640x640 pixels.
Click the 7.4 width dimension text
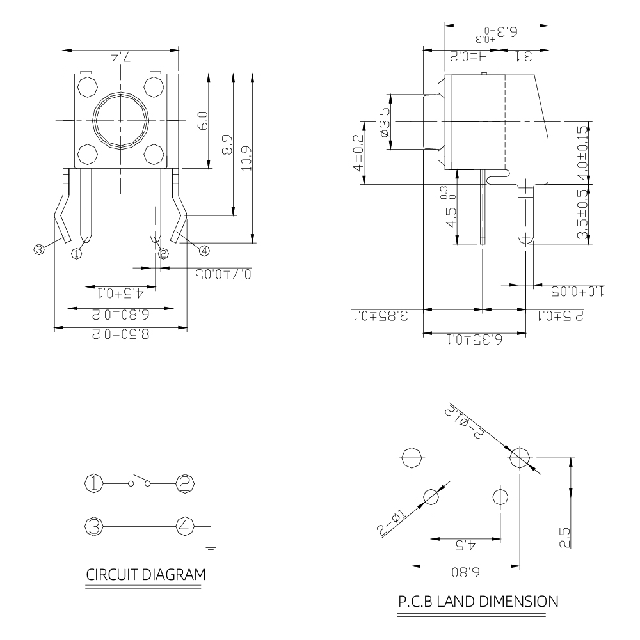120,57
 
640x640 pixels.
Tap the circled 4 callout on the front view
204,249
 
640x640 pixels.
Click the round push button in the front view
120,121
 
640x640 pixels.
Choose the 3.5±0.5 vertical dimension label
582,215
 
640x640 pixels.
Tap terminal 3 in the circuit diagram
94,527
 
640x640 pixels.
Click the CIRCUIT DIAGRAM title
147,574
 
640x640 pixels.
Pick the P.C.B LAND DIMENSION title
477,601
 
